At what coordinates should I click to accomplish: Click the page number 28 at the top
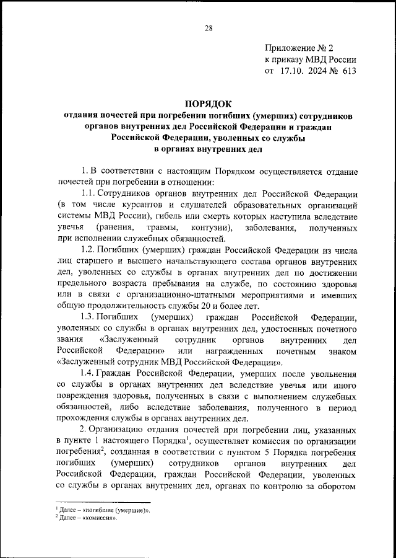tap(208, 28)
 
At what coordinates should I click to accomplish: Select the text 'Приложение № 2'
tap(299, 48)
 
